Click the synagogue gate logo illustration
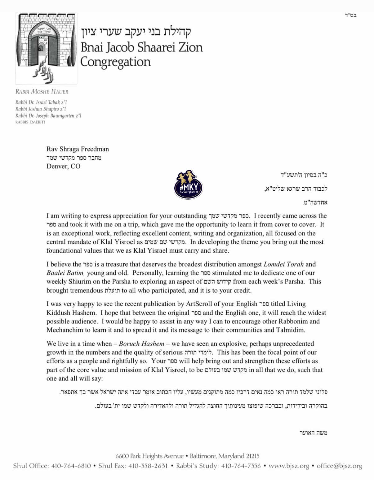46,48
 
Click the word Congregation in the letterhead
115,62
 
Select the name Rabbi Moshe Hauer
42,92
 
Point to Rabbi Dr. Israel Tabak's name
41,102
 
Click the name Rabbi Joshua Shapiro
40,109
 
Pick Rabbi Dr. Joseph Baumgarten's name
48,116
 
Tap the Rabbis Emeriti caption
30,122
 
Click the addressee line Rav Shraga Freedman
78,149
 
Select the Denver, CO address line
63,166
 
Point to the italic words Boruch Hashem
141,344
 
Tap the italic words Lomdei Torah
283,264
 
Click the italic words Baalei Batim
65,273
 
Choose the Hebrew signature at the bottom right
313,433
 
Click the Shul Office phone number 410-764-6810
71,466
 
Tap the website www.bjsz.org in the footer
289,466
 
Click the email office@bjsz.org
339,466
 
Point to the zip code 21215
253,456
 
